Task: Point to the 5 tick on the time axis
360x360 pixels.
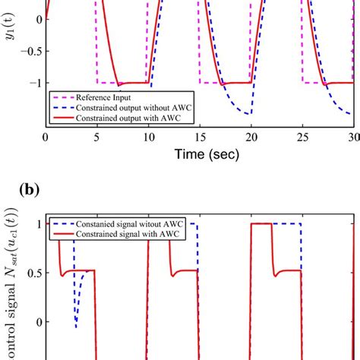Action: (x=96, y=137)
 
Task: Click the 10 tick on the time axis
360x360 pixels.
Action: (x=148, y=137)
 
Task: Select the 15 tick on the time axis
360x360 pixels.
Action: (x=199, y=137)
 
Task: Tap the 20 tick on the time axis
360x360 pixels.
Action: (x=251, y=137)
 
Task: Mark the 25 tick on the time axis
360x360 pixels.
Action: (x=302, y=137)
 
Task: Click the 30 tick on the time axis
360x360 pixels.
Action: (x=352, y=137)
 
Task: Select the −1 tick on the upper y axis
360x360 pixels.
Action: (x=33, y=83)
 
